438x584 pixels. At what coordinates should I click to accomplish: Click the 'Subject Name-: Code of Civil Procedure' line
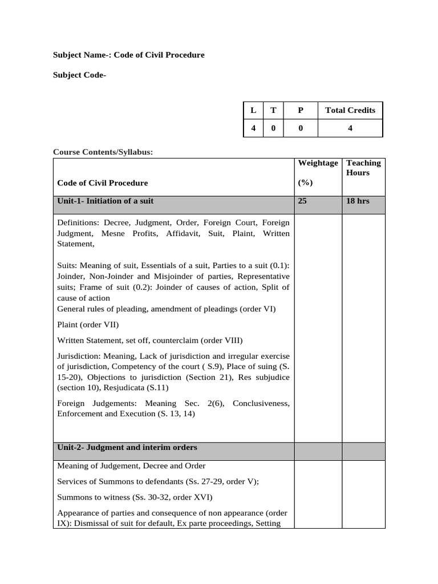128,55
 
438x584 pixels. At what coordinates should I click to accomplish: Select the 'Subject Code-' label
79,75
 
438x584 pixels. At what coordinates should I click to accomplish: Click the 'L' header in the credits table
253,110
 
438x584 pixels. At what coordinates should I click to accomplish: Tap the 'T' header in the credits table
273,110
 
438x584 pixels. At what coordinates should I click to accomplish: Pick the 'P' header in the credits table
301,110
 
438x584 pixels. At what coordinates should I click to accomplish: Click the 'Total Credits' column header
350,110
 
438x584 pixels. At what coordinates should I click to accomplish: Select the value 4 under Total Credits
350,128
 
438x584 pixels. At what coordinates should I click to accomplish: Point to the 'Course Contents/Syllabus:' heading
103,152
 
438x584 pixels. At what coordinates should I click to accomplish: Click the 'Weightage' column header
318,163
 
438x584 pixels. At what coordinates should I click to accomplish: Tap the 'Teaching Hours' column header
363,168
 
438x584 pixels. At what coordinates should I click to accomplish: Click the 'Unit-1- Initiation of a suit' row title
106,201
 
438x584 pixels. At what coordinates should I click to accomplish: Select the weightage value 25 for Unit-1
303,201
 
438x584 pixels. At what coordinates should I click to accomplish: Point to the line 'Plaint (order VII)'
88,325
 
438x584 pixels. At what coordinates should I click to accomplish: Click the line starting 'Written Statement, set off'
150,340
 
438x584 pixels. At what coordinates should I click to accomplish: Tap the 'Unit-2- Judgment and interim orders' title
127,448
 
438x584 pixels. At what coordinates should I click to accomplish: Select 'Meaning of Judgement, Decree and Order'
132,466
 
